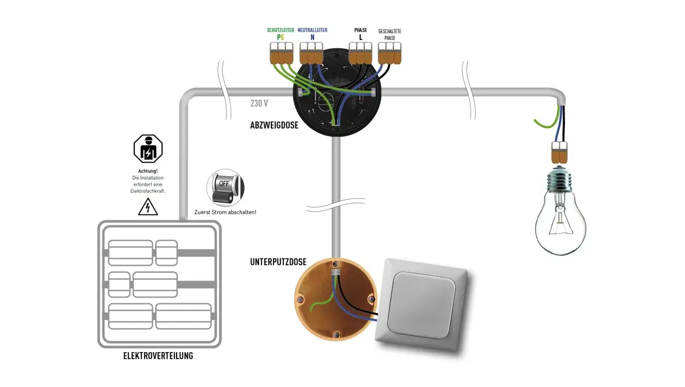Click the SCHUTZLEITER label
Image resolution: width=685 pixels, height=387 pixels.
click(x=280, y=30)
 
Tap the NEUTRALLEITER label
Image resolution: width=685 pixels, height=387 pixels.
click(x=312, y=30)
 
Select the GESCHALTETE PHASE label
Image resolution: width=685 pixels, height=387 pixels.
click(x=390, y=35)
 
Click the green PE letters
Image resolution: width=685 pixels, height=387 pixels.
click(x=280, y=38)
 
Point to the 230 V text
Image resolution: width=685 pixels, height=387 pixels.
click(x=259, y=103)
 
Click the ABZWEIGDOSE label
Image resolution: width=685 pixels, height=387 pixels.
click(x=274, y=125)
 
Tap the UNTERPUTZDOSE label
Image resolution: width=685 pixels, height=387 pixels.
click(x=278, y=262)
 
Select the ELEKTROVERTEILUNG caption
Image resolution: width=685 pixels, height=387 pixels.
click(x=158, y=356)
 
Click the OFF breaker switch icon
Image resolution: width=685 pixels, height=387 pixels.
click(x=225, y=188)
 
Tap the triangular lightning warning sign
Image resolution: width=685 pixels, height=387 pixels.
click(x=148, y=207)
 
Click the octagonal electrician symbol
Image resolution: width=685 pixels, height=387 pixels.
click(x=148, y=148)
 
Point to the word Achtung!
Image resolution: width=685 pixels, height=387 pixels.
click(x=148, y=171)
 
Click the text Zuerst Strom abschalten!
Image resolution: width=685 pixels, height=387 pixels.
click(x=225, y=212)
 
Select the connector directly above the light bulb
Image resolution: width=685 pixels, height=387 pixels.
click(x=559, y=152)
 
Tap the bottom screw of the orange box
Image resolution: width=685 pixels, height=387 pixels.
click(x=336, y=334)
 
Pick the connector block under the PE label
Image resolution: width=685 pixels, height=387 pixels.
click(x=281, y=53)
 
